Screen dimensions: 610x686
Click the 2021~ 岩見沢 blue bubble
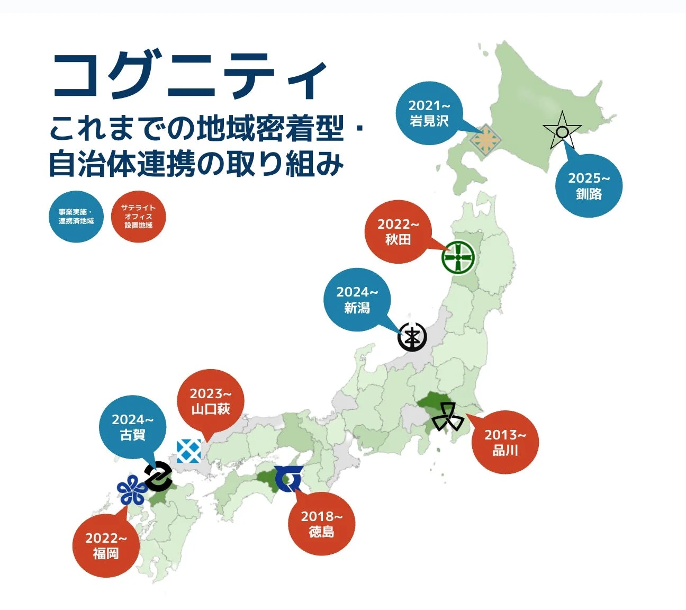point(429,113)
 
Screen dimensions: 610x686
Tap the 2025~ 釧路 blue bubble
point(589,186)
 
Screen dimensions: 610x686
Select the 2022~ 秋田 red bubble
point(398,232)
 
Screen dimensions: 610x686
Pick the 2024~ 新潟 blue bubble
point(357,300)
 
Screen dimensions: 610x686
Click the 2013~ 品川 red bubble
point(505,442)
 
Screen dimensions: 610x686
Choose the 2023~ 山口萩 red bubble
point(210,401)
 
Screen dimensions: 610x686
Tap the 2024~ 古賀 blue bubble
point(132,427)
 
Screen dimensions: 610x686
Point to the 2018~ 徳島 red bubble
point(321,524)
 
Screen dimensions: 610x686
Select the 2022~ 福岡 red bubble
point(106,545)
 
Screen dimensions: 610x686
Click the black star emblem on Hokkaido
point(562,131)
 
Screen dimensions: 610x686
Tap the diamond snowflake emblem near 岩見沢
point(485,140)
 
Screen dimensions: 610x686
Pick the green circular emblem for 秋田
point(458,257)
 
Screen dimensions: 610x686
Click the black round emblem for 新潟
point(412,337)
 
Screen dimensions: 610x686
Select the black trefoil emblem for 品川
point(448,417)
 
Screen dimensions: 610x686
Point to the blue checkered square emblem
point(188,451)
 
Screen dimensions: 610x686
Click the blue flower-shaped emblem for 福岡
point(131,490)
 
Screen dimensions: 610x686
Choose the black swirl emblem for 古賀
point(158,476)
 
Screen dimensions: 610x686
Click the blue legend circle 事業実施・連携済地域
point(76,217)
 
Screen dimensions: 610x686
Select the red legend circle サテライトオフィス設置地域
point(138,217)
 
